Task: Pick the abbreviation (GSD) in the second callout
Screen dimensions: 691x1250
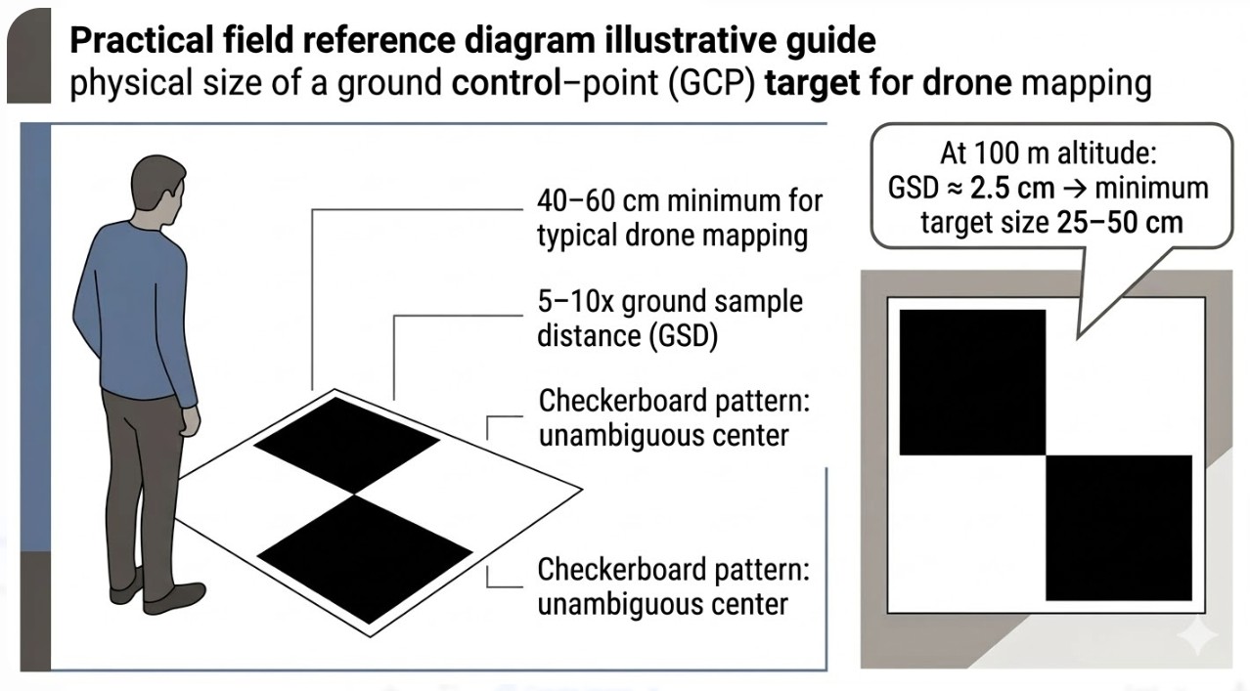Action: point(678,335)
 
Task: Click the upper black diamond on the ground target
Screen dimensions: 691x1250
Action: point(346,445)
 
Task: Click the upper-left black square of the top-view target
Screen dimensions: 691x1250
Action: point(971,381)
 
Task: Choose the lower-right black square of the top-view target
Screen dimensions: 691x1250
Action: point(1119,528)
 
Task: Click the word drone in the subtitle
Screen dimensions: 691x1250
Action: point(962,83)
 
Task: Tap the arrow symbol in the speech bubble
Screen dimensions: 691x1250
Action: point(1077,189)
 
